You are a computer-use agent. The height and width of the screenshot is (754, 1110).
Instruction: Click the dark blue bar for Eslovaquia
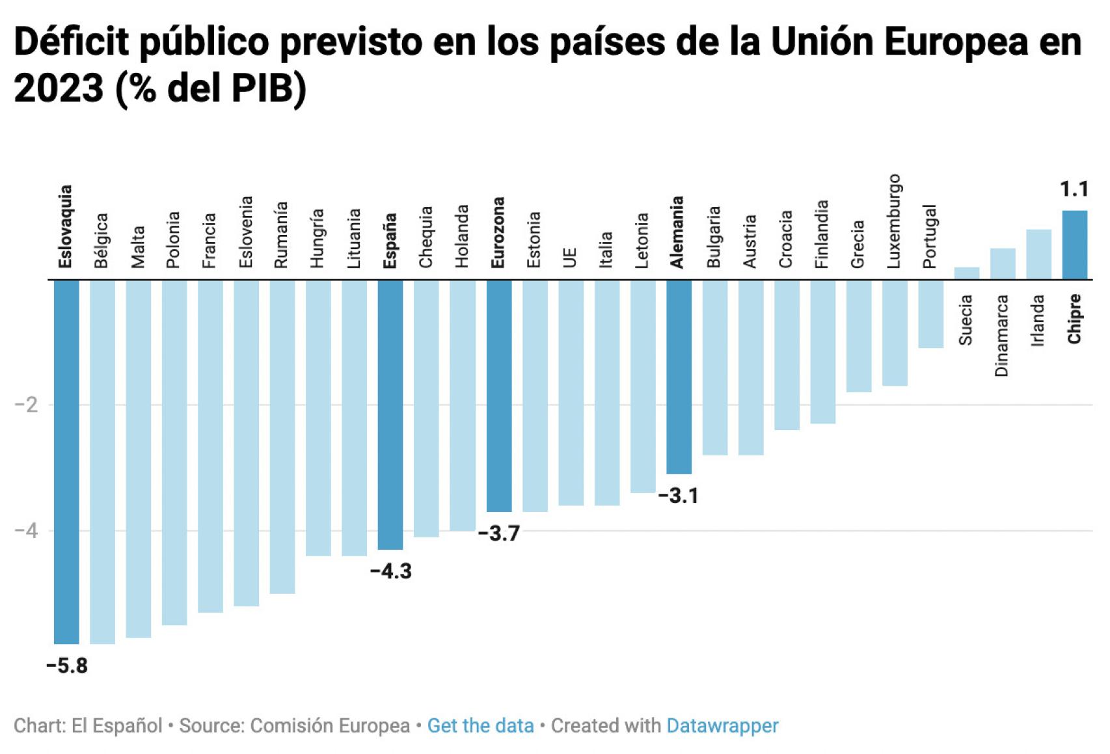coord(66,461)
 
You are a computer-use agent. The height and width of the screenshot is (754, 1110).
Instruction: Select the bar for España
coord(390,414)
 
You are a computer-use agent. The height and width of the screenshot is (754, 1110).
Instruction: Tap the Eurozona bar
coord(499,396)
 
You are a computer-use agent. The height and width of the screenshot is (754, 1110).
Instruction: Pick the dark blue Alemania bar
coord(679,377)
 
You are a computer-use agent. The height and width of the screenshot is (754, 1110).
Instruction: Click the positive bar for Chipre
coord(1074,245)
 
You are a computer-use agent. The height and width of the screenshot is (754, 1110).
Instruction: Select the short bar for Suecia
coord(966,273)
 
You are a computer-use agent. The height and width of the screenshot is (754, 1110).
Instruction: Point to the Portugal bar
coord(930,314)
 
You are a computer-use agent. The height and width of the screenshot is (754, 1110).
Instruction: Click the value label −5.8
coord(67,666)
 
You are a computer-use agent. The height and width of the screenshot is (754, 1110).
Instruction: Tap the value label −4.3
coord(390,571)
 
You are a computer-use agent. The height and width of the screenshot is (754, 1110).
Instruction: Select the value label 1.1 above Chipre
coord(1074,189)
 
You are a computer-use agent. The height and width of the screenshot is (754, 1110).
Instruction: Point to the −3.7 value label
coord(499,533)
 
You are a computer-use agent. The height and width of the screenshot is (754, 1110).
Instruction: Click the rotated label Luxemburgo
coord(894,221)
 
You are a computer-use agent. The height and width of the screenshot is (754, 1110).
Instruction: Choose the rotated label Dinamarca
coord(1001,335)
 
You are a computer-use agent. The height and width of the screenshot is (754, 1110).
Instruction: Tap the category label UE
coord(570,257)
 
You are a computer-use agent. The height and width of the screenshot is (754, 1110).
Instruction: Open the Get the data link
coord(480,725)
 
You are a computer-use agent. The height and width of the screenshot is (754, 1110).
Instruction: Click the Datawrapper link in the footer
coord(722,725)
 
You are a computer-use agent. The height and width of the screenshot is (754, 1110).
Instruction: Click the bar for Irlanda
coord(1038,254)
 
